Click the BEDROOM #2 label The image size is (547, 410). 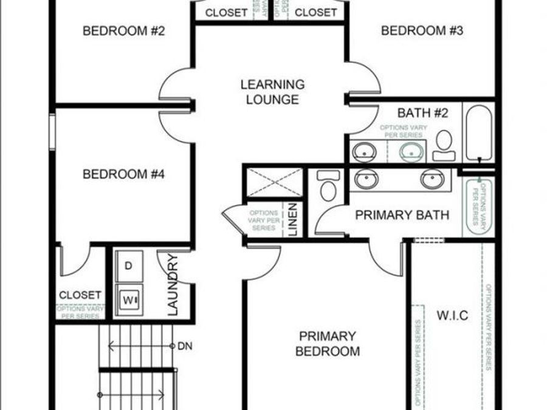(124, 30)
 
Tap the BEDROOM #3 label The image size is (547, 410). (422, 30)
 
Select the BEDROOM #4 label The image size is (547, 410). (124, 174)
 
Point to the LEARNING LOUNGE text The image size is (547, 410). (272, 92)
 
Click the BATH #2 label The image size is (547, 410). (419, 113)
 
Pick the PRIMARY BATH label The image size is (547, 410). (402, 214)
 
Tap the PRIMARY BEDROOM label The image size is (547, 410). (327, 344)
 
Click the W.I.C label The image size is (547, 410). (452, 315)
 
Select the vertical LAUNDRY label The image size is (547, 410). (173, 285)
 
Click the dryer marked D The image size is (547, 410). (129, 266)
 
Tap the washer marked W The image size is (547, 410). (129, 299)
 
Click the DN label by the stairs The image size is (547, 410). (184, 346)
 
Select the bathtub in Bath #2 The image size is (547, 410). (479, 133)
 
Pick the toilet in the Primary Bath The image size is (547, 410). (328, 186)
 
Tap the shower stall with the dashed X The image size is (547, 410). (274, 182)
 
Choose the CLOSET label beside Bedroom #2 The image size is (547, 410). (226, 12)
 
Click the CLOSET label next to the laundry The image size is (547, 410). (80, 295)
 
